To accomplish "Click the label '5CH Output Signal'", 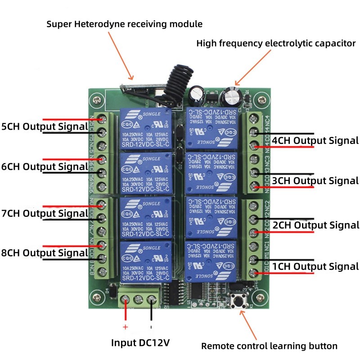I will [45, 126].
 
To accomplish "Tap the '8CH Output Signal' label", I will [45, 253].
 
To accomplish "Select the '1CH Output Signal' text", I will [315, 266].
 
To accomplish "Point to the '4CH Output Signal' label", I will [315, 140].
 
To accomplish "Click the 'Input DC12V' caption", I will [140, 343].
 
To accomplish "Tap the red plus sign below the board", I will [125, 327].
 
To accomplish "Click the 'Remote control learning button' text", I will [269, 346].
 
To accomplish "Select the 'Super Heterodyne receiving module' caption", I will [125, 24].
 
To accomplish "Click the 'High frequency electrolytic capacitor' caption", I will [276, 44].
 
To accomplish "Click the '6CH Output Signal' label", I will [45, 166].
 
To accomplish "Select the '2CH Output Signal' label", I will [315, 225].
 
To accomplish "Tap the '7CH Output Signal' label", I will [45, 212].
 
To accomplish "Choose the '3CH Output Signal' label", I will [315, 181].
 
